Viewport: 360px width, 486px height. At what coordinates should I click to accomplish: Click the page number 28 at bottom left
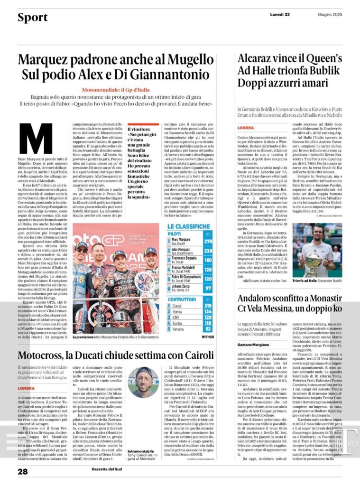(23, 472)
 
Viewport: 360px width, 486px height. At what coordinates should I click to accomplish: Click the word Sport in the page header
(32, 18)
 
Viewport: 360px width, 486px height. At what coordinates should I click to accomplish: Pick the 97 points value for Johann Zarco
(208, 289)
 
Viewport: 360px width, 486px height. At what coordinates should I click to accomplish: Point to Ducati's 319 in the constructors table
(208, 306)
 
